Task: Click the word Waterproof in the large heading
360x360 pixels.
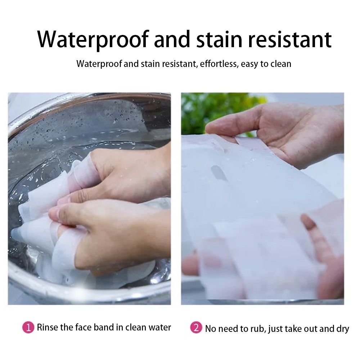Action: pos(93,40)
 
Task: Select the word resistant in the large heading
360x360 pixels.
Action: pos(290,40)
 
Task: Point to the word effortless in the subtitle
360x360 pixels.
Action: pos(219,64)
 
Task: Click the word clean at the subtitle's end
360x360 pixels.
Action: pos(281,64)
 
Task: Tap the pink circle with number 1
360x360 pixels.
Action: pos(28,327)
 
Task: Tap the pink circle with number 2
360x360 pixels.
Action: pos(196,328)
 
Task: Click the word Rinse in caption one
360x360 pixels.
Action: pos(48,327)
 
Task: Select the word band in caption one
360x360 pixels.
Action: pos(104,327)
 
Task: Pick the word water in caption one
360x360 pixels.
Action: pos(160,327)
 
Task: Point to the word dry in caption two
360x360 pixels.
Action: pos(343,329)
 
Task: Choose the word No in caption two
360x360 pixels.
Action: pos(211,329)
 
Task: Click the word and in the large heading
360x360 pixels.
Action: pos(172,40)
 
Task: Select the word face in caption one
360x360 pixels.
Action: pos(84,327)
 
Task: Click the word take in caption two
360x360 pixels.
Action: pos(294,329)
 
